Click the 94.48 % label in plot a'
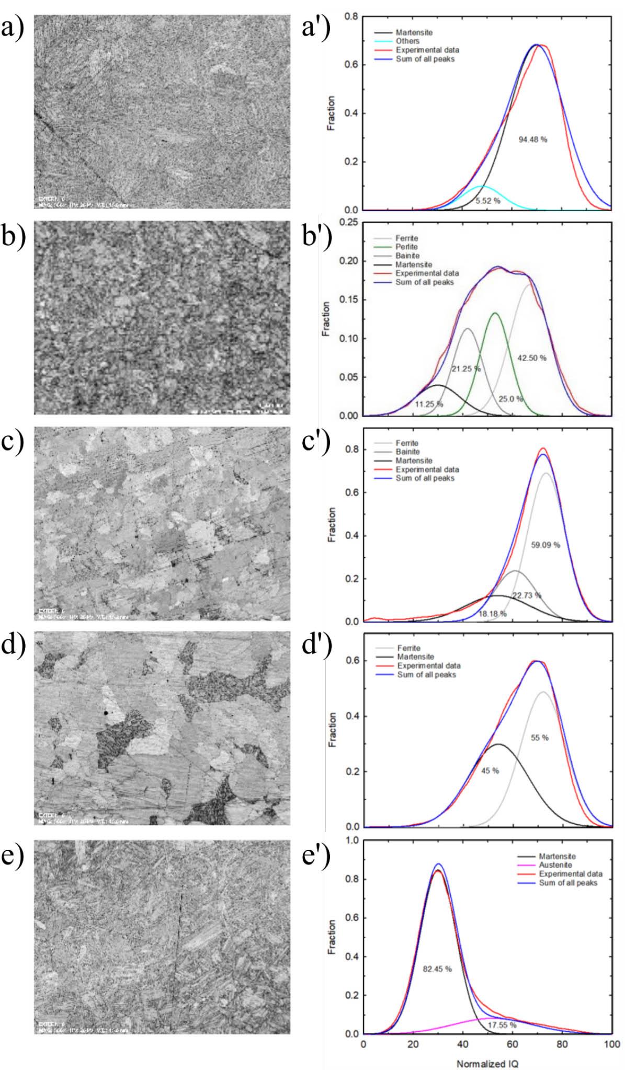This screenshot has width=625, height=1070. [532, 140]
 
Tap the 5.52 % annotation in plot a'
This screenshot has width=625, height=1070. [487, 200]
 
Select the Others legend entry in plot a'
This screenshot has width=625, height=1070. [407, 41]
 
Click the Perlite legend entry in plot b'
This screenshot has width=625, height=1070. [406, 247]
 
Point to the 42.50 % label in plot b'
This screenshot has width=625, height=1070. [531, 358]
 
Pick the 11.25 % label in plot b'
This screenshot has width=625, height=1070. [429, 404]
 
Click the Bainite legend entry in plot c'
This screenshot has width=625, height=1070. [407, 452]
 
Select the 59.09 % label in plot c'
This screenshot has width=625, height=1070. [545, 545]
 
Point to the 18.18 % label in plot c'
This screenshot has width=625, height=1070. [492, 614]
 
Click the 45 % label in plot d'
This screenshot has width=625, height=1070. [490, 770]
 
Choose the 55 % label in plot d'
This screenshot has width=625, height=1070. [539, 738]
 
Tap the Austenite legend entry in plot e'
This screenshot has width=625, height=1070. [555, 865]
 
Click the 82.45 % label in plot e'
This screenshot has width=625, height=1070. [437, 969]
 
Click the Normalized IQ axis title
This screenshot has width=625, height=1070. [487, 1064]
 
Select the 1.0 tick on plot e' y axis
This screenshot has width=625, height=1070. [352, 841]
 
